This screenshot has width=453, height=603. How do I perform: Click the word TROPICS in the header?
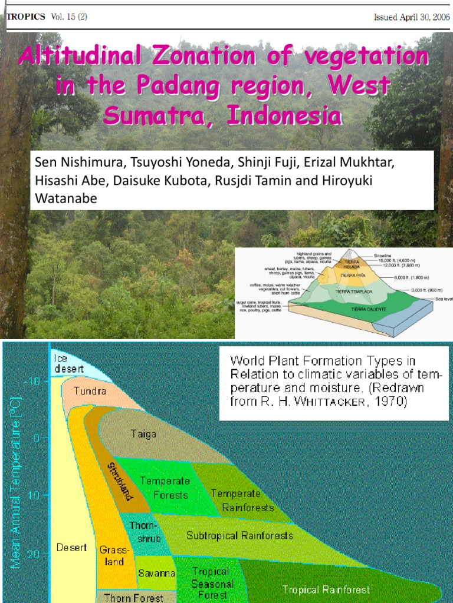[25, 16]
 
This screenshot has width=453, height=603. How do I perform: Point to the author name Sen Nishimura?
[70, 162]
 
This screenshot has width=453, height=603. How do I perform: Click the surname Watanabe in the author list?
[66, 198]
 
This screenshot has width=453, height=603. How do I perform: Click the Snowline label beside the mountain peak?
[386, 256]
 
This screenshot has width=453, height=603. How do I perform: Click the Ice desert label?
[68, 363]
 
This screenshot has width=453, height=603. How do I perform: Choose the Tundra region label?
[90, 391]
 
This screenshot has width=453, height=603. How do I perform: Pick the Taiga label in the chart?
[143, 434]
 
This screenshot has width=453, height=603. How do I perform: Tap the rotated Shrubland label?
[120, 481]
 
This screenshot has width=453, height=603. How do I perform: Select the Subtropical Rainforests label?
[239, 536]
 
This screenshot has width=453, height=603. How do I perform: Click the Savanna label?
[156, 573]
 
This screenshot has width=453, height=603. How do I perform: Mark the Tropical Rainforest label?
[326, 589]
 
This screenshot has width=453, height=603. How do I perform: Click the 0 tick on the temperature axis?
[35, 438]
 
